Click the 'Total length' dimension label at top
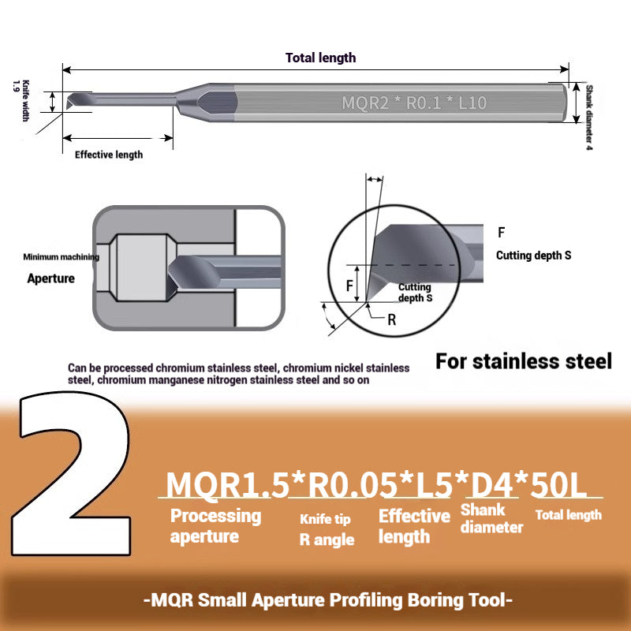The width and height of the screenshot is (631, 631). click(x=320, y=58)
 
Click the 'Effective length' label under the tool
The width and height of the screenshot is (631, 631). click(x=109, y=155)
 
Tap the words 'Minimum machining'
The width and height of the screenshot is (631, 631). click(x=61, y=257)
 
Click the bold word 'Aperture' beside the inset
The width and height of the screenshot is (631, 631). click(x=50, y=278)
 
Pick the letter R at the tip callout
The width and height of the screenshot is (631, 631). click(x=392, y=319)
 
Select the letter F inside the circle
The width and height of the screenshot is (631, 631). click(x=349, y=286)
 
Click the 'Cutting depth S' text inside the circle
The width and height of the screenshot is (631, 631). click(x=415, y=293)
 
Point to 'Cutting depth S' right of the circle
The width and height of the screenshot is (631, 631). click(x=533, y=256)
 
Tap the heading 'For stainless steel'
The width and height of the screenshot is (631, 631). click(x=524, y=361)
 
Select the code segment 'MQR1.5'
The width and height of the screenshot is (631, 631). click(x=225, y=484)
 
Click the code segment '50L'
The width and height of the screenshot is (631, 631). click(x=559, y=484)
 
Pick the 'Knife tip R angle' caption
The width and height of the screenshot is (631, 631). click(x=326, y=530)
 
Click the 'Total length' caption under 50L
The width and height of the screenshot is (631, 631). click(x=568, y=515)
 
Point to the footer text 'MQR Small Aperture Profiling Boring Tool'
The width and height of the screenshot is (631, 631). click(x=329, y=599)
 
